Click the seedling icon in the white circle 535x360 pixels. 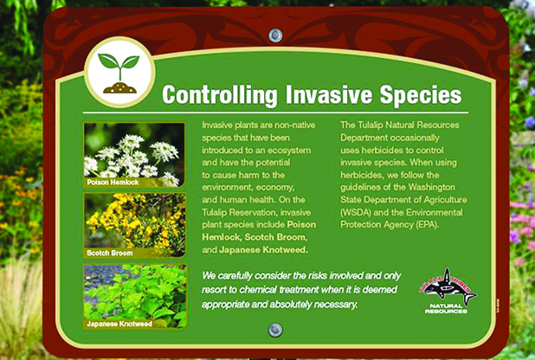[x=119, y=74]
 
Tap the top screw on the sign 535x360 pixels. [x=275, y=35]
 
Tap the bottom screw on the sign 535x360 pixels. [x=275, y=330]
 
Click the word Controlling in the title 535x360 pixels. [x=219, y=95]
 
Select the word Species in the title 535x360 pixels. [x=421, y=95]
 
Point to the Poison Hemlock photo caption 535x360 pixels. [x=113, y=183]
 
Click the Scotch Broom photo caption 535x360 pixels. [x=110, y=253]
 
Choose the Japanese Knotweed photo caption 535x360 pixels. [x=119, y=324]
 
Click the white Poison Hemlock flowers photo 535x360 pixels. [x=135, y=155]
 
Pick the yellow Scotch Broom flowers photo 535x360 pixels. [x=135, y=225]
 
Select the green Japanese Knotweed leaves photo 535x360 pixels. [x=135, y=296]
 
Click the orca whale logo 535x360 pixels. [x=448, y=286]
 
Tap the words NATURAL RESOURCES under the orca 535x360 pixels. [x=446, y=309]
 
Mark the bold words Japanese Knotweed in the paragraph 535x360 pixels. [x=263, y=250]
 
